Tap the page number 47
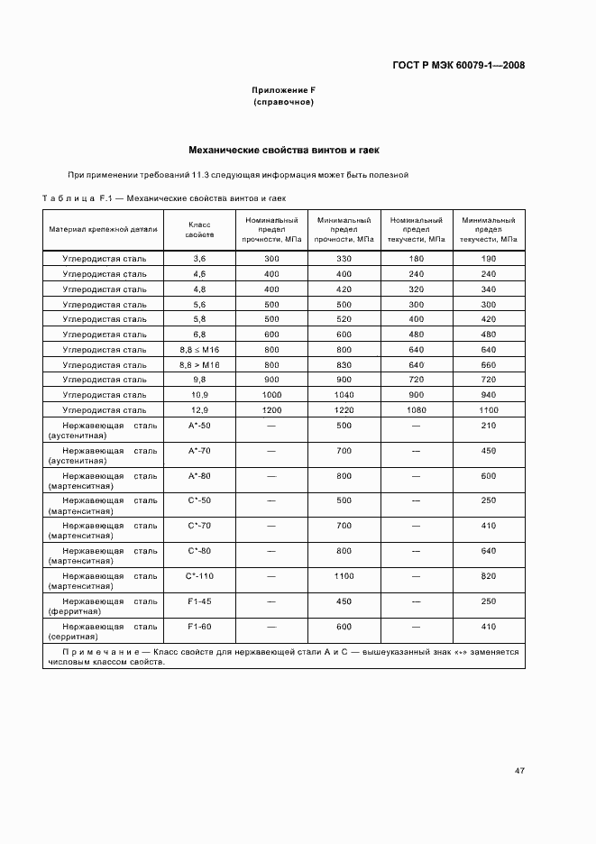[x=519, y=770]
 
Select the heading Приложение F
[x=283, y=91]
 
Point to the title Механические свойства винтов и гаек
[x=283, y=150]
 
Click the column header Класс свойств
[x=199, y=229]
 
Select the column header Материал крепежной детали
[x=104, y=229]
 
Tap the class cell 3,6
[x=199, y=259]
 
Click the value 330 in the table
[x=344, y=259]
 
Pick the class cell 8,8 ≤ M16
[x=199, y=349]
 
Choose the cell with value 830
[x=344, y=364]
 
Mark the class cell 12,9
[x=199, y=409]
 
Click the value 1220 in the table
[x=344, y=409]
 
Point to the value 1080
[x=416, y=409]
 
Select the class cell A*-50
[x=199, y=425]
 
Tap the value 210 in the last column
[x=489, y=425]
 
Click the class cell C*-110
[x=199, y=575]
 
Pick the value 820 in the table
[x=489, y=575]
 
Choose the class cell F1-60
[x=199, y=626]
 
